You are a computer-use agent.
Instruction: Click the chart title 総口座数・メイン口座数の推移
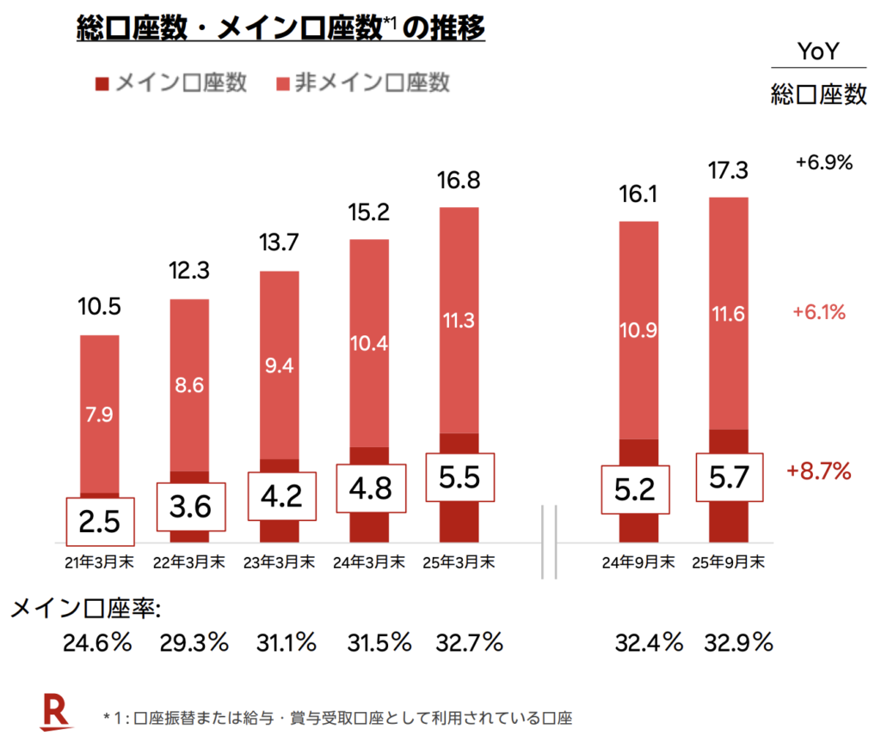click(x=280, y=29)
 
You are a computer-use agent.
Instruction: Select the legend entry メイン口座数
click(x=172, y=83)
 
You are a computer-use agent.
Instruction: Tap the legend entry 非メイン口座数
click(x=362, y=83)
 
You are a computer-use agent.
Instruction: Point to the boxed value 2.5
click(x=100, y=521)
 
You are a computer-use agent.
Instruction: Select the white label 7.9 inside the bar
click(x=99, y=414)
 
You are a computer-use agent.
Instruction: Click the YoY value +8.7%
click(x=818, y=470)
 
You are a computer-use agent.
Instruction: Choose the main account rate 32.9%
click(x=738, y=642)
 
